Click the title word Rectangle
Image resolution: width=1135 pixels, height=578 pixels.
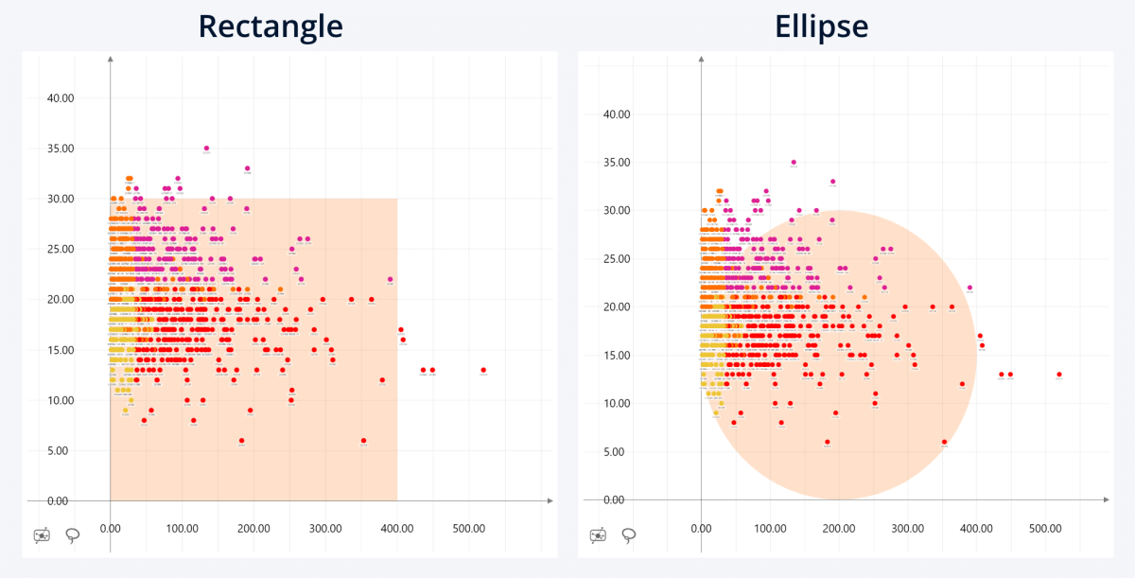271,26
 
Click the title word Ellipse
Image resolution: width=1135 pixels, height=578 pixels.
821,26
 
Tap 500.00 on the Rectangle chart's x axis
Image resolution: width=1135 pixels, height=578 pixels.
469,530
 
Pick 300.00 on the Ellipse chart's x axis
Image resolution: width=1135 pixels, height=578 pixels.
907,529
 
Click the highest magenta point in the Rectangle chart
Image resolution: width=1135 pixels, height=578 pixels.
206,149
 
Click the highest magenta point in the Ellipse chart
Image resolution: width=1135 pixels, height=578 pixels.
794,163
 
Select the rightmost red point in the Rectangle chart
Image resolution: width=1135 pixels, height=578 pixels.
483,370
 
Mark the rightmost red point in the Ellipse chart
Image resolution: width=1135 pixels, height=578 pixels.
1059,375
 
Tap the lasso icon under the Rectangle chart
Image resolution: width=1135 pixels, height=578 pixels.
72,535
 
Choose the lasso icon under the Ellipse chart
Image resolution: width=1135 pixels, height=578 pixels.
628,535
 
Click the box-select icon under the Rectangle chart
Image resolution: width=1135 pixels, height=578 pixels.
42,535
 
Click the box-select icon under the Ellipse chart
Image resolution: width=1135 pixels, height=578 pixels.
598,535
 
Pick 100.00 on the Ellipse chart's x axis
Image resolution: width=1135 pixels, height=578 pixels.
770,529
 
